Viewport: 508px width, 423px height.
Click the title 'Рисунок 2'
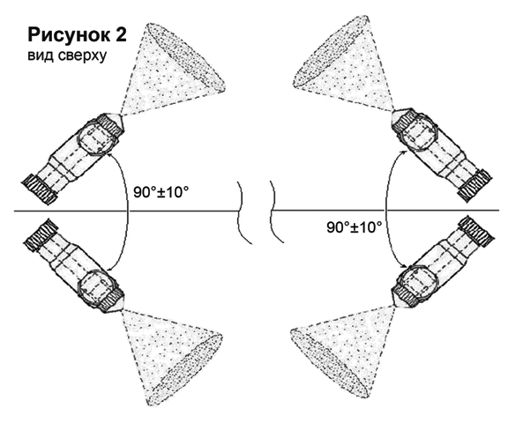(77, 35)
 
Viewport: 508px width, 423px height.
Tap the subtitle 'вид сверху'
(67, 56)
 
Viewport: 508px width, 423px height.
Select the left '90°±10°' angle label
(161, 193)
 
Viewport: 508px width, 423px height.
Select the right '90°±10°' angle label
(355, 227)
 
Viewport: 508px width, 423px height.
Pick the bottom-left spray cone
(172, 356)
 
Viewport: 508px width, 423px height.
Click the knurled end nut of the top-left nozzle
(40, 189)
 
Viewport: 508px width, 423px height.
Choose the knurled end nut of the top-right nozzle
(475, 186)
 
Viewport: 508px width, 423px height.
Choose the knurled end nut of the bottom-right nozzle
(477, 232)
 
